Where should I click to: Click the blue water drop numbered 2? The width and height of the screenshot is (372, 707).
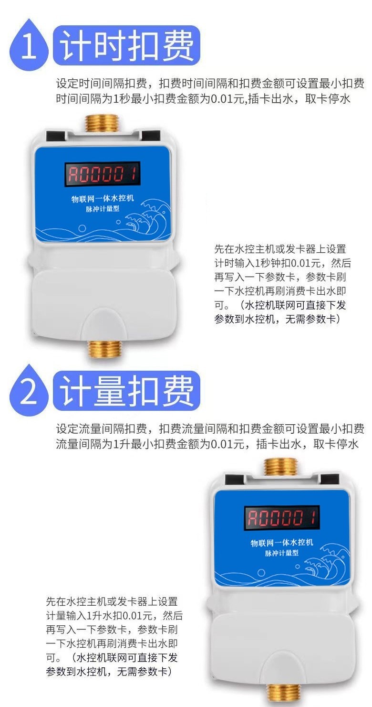pos(29,391)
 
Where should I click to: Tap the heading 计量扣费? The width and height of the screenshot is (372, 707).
pos(127,391)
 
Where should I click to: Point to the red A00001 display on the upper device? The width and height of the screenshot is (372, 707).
pos(103,174)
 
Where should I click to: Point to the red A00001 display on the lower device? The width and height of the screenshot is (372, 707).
pos(282,518)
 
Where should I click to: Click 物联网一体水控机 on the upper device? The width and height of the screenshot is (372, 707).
pos(103,199)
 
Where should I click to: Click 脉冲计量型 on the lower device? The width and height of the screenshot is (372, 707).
pos(281,553)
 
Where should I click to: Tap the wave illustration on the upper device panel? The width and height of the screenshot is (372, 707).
pos(147,218)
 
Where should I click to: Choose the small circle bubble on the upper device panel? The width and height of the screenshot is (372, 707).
pos(82,228)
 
